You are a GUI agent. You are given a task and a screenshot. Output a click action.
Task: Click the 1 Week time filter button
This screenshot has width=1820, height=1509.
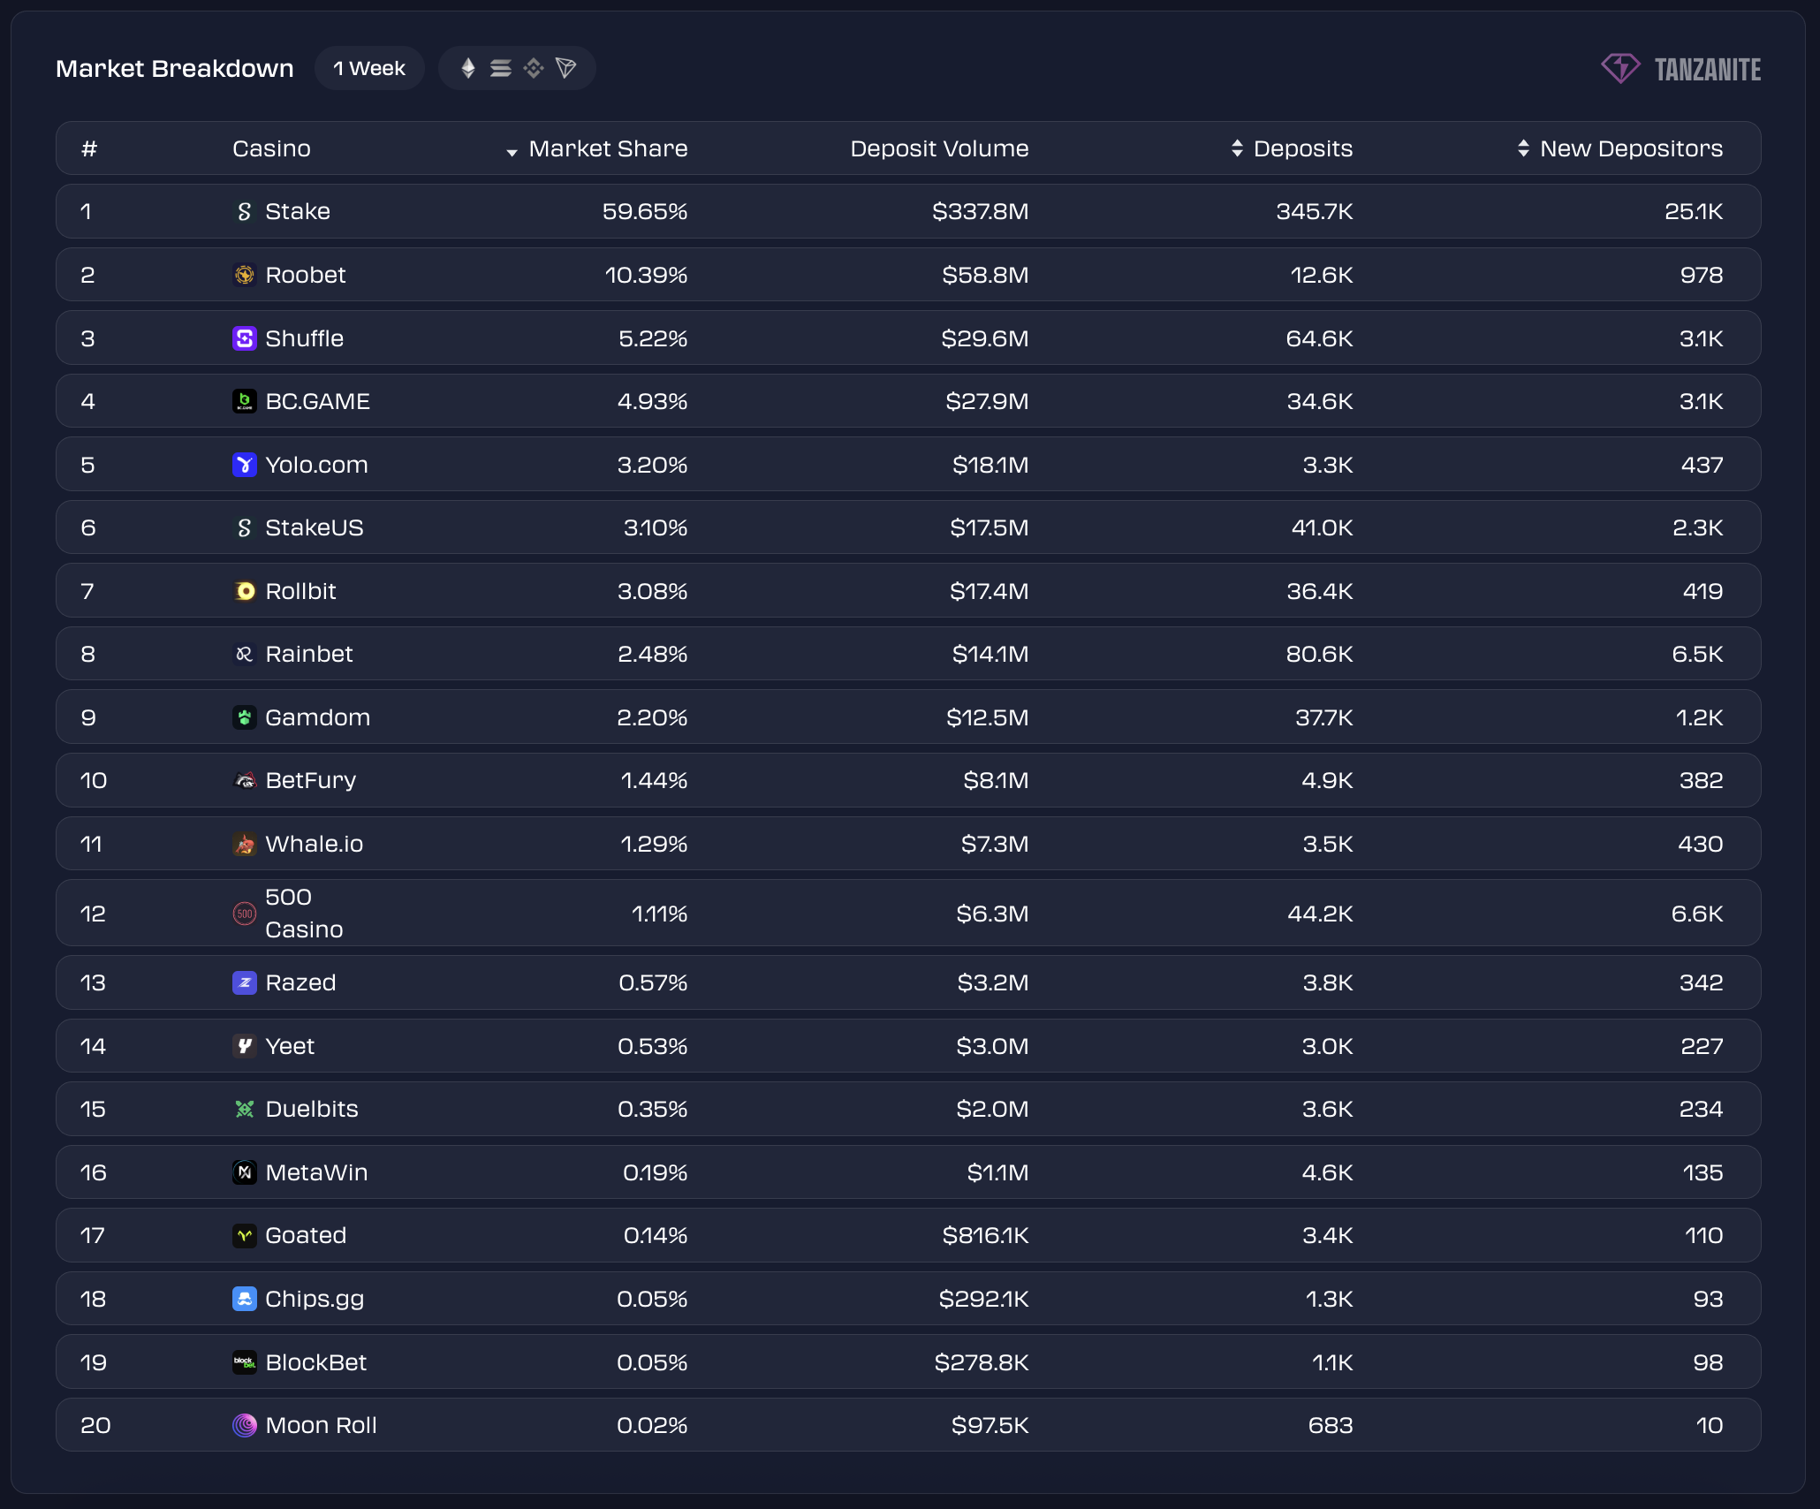pos(369,69)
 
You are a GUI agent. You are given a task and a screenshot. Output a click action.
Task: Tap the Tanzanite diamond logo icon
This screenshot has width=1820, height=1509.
pos(1620,68)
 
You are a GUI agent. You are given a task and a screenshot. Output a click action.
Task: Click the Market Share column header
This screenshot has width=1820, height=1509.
pos(608,148)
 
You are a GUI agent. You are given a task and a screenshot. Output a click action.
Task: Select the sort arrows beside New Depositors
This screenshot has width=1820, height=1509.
pos(1523,148)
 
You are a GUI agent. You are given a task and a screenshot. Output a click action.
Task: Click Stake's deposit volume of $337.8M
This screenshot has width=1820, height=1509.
pos(980,212)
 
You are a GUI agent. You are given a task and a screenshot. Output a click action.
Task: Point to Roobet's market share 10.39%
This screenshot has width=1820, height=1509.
pos(646,276)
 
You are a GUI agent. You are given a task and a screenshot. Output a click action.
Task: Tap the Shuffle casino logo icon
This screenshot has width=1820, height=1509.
pos(245,338)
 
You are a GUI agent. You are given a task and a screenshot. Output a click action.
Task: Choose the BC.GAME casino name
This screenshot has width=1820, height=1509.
pos(317,402)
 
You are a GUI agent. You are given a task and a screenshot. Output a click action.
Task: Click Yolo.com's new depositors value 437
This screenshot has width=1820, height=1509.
pos(1702,466)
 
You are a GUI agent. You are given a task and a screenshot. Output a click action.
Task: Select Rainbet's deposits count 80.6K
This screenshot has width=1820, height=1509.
pos(1319,655)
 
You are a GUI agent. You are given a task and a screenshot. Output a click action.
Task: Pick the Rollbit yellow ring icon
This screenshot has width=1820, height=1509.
pos(245,591)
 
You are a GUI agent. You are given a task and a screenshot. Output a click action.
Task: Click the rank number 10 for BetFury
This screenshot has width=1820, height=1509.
pos(94,781)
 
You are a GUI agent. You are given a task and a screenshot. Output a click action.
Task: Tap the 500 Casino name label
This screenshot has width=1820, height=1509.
pos(303,914)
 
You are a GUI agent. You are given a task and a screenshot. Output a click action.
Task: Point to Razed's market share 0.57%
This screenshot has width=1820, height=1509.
pos(653,983)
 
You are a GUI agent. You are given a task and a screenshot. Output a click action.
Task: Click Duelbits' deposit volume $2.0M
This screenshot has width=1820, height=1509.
pos(992,1110)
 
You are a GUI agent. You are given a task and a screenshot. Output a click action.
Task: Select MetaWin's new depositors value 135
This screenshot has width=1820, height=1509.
pos(1702,1173)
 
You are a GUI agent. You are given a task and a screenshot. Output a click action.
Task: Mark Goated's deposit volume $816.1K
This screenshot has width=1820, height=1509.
pos(985,1236)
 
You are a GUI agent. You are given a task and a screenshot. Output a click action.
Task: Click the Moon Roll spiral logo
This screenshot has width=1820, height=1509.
pos(245,1426)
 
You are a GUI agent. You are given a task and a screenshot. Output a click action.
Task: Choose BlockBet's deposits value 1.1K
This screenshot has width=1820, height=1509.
pos(1332,1363)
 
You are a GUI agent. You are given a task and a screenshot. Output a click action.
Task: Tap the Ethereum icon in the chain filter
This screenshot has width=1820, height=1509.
pos(468,69)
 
